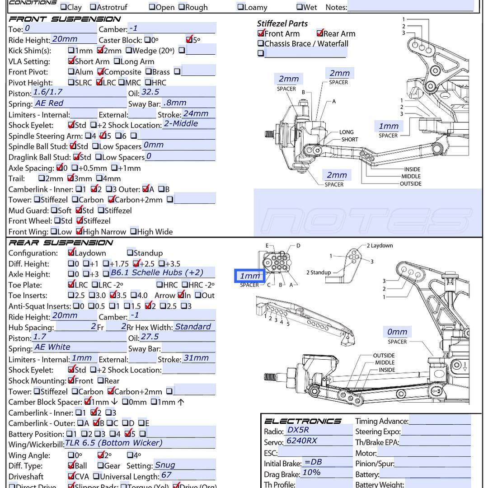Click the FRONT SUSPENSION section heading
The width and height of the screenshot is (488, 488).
pyautogui.click(x=65, y=19)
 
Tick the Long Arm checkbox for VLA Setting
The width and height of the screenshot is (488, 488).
pyautogui.click(x=117, y=61)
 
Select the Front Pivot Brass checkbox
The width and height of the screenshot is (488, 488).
pyautogui.click(x=149, y=72)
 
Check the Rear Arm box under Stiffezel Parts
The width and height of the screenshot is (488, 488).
pyautogui.click(x=320, y=33)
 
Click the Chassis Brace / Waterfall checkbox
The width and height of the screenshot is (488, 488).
pyautogui.click(x=261, y=44)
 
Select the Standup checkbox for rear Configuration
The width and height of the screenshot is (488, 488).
pyautogui.click(x=130, y=253)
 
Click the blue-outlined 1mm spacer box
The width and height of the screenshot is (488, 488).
pyautogui.click(x=249, y=276)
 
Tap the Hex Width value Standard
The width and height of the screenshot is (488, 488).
pyautogui.click(x=193, y=327)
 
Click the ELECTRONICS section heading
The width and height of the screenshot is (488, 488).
pyautogui.click(x=303, y=421)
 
